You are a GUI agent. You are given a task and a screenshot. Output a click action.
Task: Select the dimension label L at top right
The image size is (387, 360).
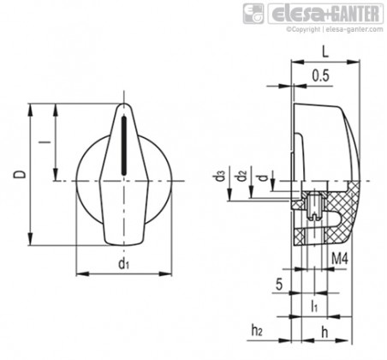[x=325, y=51]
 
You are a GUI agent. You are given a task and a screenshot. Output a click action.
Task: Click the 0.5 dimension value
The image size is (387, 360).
[x=320, y=75]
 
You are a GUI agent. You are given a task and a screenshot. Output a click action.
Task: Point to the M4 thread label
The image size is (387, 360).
[x=340, y=259]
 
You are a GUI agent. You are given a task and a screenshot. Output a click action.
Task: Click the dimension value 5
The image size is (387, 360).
[x=279, y=285]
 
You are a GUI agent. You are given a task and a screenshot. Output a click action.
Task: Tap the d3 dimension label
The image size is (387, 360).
[x=220, y=176]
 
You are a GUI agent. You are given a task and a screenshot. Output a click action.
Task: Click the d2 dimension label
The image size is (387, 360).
[x=241, y=176]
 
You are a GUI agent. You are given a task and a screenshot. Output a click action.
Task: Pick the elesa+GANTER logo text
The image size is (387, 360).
[x=325, y=14]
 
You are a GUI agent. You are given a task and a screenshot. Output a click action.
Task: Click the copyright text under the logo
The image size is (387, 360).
[x=335, y=29]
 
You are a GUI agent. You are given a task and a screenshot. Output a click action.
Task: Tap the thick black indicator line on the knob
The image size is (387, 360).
[x=124, y=145]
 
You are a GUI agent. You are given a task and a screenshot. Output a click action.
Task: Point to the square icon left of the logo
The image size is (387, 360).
[x=253, y=14]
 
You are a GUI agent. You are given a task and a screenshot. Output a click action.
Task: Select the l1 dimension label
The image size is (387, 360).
[x=314, y=306]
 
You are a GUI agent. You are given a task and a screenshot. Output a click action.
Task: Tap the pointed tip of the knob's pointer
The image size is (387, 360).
[x=123, y=103]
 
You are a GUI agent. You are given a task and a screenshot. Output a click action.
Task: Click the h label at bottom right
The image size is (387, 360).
[x=324, y=333]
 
